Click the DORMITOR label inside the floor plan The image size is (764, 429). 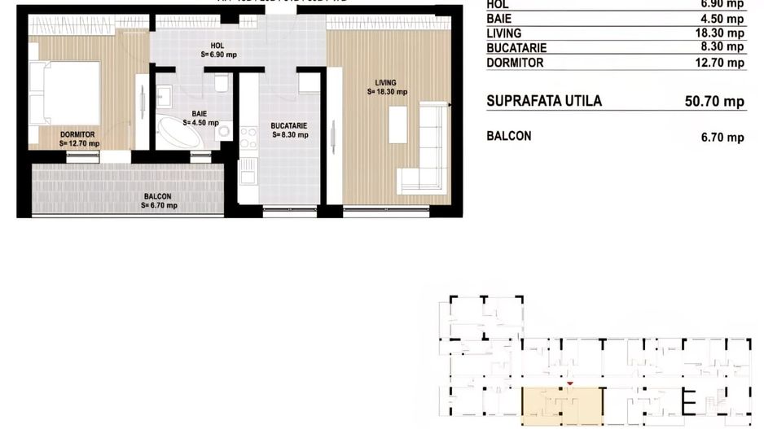(x=78, y=134)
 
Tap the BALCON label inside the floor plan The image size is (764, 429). (x=158, y=196)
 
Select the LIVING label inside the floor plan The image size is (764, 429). (x=385, y=82)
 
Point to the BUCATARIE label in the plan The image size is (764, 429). (x=289, y=126)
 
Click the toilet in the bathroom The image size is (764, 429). (x=221, y=85)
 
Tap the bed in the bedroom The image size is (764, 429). (x=65, y=93)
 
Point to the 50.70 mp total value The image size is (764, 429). (x=714, y=102)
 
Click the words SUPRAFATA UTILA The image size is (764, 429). (x=544, y=101)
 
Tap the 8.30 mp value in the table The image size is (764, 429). (x=726, y=47)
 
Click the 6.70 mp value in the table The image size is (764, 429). (x=722, y=138)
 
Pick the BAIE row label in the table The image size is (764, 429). (x=498, y=19)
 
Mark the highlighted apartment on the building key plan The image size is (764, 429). (x=562, y=405)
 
